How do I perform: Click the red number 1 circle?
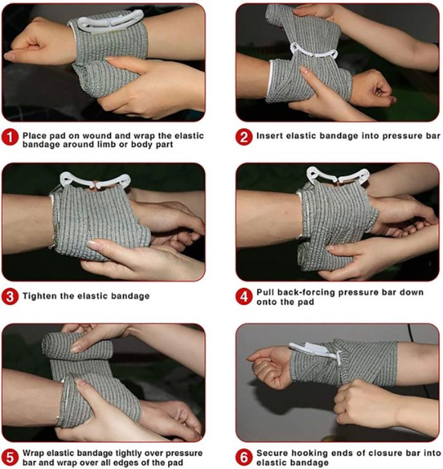pos(10,138)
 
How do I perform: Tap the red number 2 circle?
pos(244,137)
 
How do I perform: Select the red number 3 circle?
pos(10,297)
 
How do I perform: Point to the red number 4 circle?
pos(244,297)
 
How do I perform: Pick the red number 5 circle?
pos(10,458)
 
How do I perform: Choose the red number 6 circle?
pos(244,458)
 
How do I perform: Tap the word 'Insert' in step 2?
pos(270,136)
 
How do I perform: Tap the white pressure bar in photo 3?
pos(95,181)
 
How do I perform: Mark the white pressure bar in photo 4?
pos(338,176)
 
